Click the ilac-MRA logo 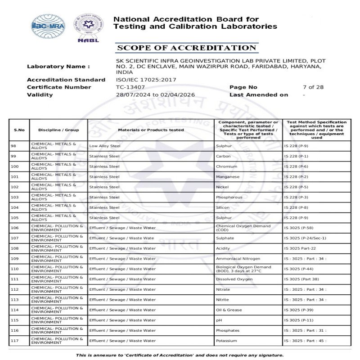[48, 26]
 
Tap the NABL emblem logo [88, 27]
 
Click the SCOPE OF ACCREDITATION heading [186, 48]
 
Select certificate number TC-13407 [130, 87]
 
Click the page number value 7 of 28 [313, 87]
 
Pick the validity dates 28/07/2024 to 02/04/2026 [155, 95]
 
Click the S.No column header [19, 130]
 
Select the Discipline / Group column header [58, 130]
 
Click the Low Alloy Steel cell [105, 146]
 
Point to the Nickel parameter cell [222, 187]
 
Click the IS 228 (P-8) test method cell [296, 207]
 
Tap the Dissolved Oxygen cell [234, 279]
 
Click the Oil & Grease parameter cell [229, 310]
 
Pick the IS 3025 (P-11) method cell [299, 320]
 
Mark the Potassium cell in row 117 [226, 341]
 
